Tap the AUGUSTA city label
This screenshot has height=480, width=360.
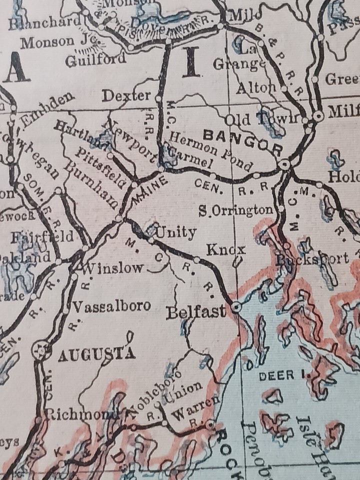(97, 355)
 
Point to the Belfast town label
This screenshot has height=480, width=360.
(195, 312)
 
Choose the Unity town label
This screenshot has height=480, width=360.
(176, 232)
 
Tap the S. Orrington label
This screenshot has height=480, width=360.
(236, 210)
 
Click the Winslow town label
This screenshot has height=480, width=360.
(112, 267)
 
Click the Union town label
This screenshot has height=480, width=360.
(185, 387)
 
